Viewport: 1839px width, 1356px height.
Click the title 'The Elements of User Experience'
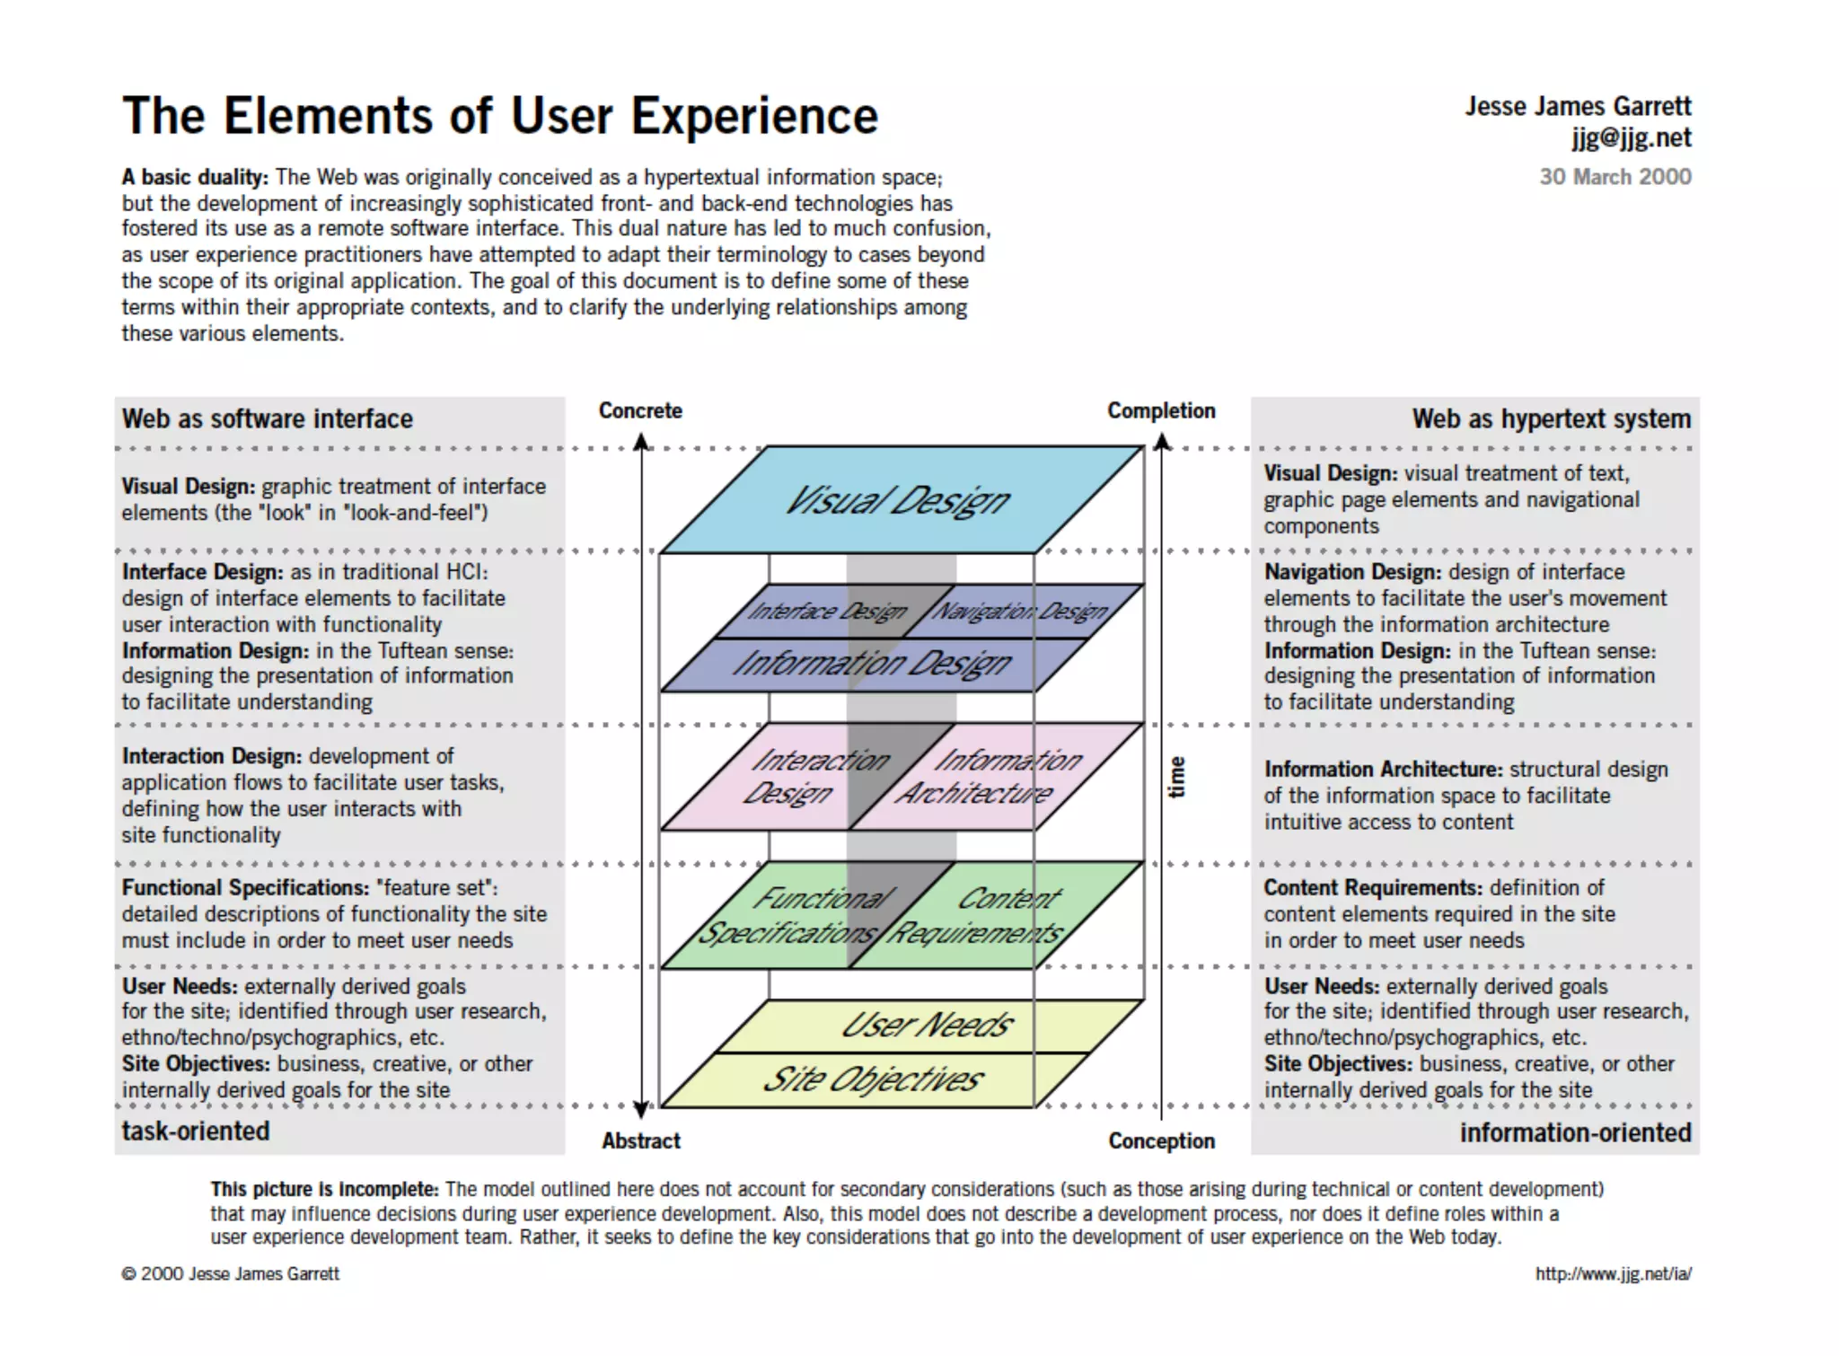(x=499, y=117)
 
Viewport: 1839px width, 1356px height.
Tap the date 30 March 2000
(x=1615, y=177)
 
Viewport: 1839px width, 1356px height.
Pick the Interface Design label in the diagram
(x=826, y=612)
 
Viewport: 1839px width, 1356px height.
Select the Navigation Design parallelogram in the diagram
(x=1020, y=612)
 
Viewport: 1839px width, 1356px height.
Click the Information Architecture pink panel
(x=988, y=776)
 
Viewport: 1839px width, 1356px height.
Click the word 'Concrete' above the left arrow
(x=640, y=411)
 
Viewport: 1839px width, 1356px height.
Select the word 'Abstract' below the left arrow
(x=640, y=1141)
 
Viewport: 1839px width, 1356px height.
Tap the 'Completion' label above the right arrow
(x=1160, y=411)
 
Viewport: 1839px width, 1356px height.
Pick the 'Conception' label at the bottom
(x=1161, y=1141)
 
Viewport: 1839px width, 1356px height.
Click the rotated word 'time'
(x=1176, y=777)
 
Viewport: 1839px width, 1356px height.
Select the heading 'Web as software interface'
(x=267, y=419)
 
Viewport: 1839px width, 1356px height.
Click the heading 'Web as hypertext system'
(x=1551, y=419)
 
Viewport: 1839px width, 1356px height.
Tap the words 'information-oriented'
(x=1575, y=1133)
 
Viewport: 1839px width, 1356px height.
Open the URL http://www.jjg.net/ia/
(x=1613, y=1274)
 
